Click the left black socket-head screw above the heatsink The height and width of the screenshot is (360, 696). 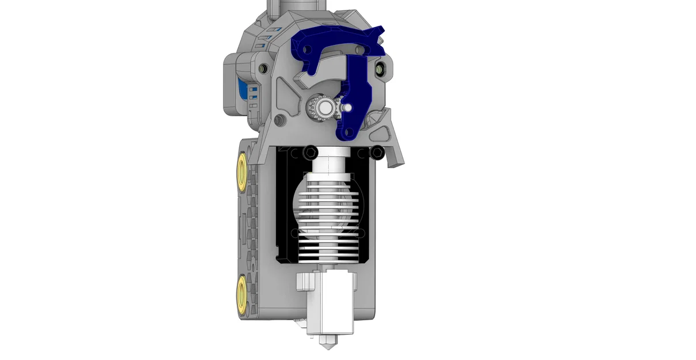pos(311,152)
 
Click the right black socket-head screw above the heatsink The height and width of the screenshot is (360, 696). pos(377,152)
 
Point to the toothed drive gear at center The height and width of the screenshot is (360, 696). pos(320,107)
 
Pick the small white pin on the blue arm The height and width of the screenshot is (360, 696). pos(347,107)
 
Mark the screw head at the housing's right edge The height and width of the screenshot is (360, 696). pos(380,69)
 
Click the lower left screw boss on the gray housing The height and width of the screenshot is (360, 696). pos(279,120)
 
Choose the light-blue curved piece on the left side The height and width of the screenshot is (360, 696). pos(243,92)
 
